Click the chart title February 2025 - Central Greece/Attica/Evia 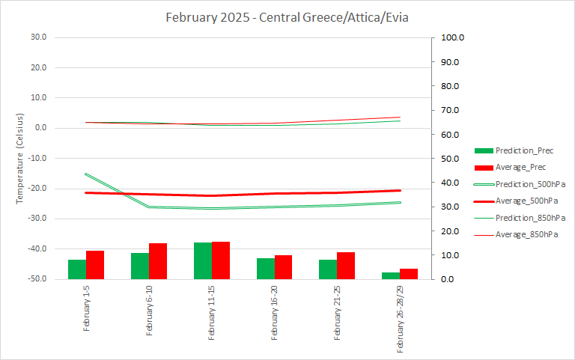[287, 17]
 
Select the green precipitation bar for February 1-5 [77, 269]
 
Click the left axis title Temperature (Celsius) [21, 158]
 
